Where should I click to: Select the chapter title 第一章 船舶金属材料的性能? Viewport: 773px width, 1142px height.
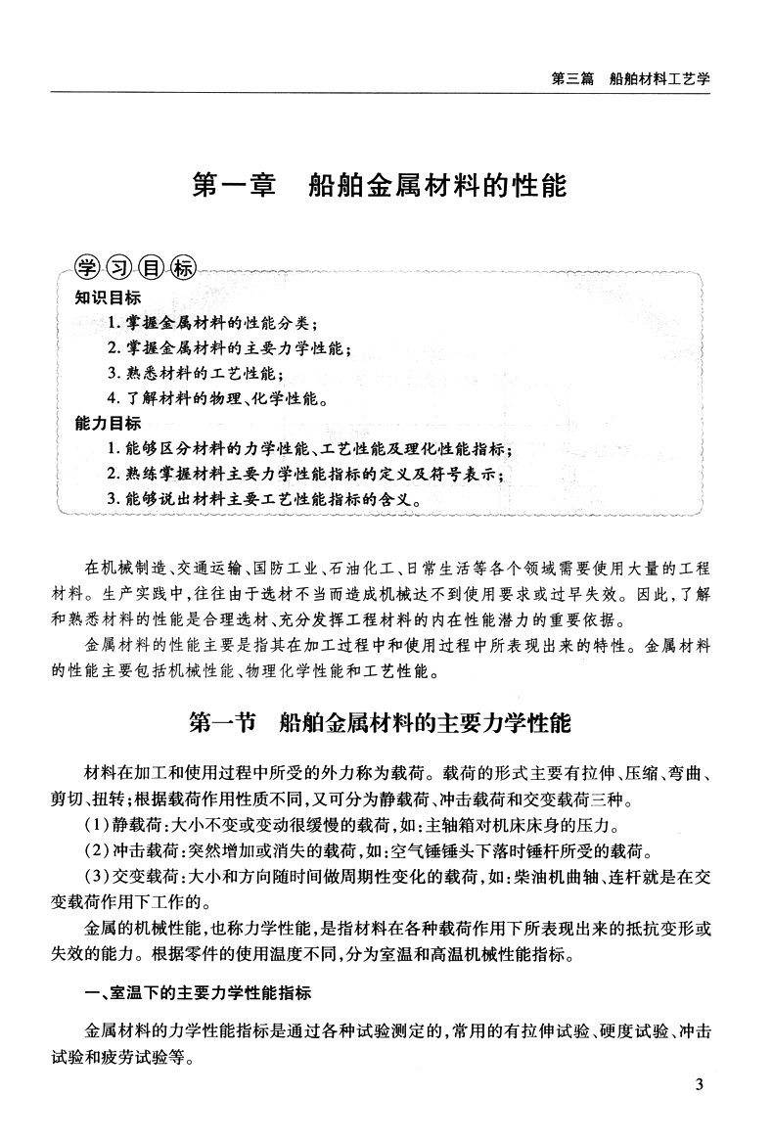(x=380, y=185)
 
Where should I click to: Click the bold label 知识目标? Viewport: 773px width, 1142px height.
(x=108, y=298)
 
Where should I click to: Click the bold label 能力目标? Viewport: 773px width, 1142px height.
(x=108, y=424)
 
